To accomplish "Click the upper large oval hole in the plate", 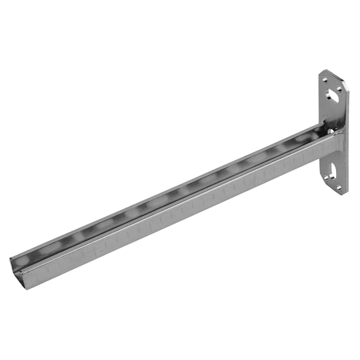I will [x=334, y=95].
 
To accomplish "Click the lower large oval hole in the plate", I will [x=335, y=171].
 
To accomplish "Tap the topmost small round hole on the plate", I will [x=325, y=79].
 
